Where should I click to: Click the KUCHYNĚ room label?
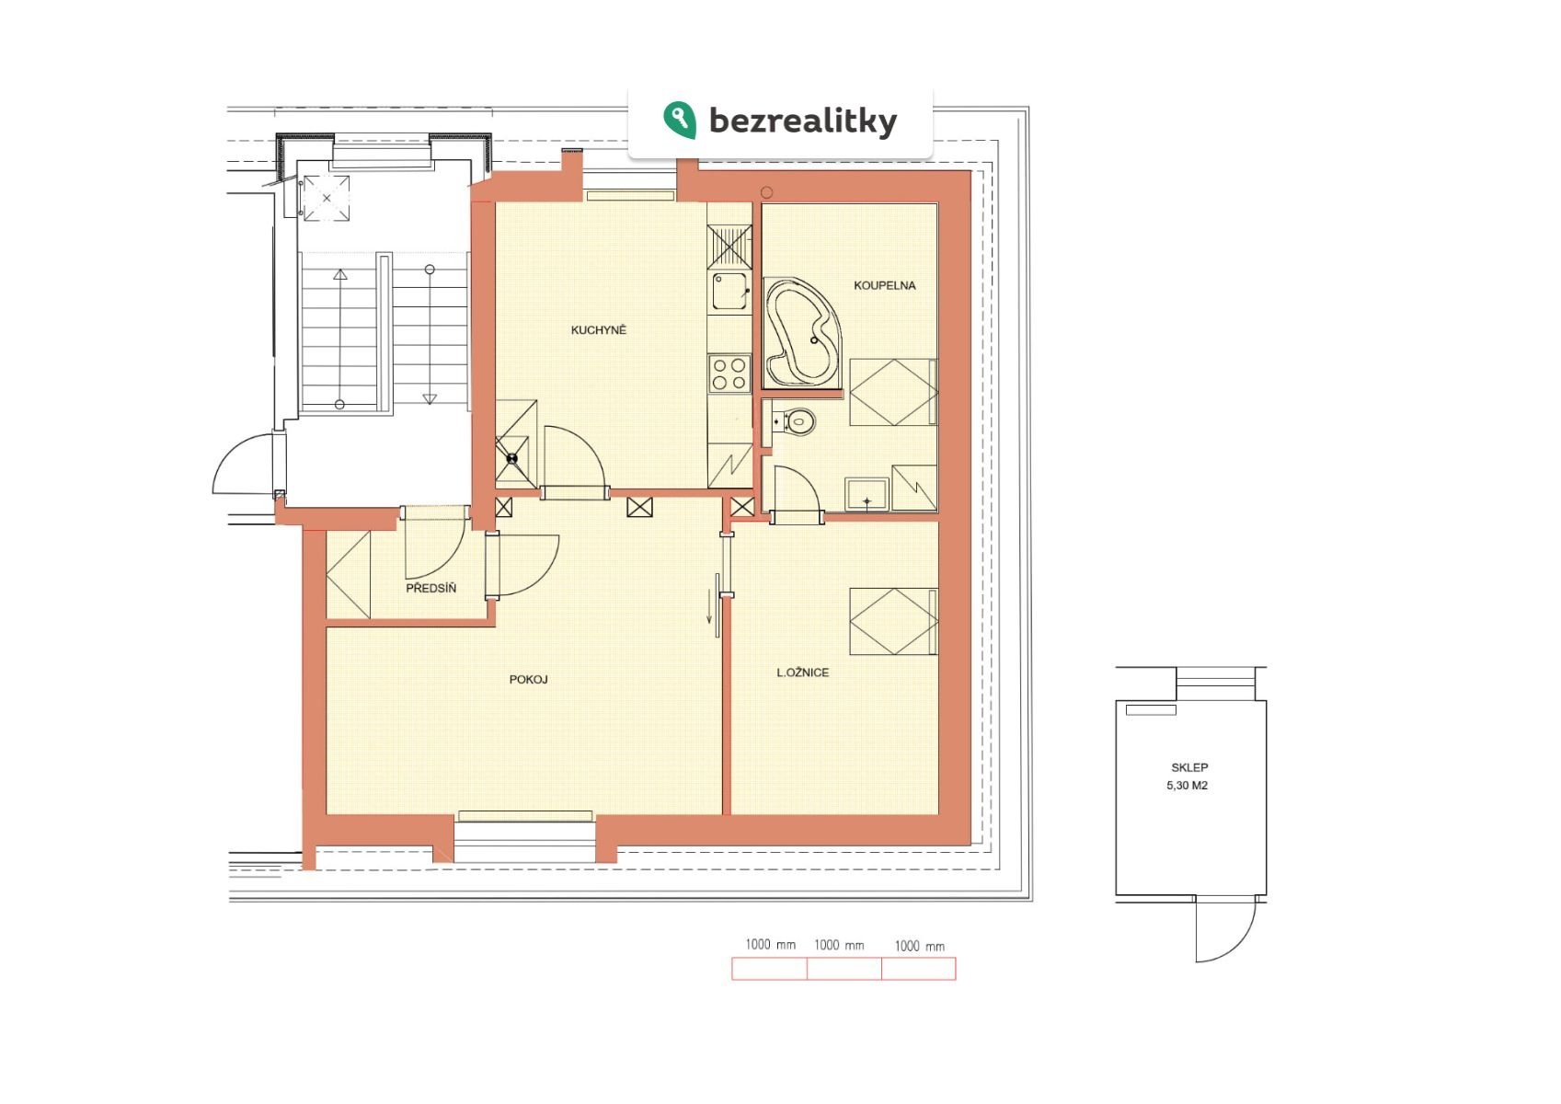(x=599, y=330)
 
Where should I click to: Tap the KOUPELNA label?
(x=885, y=286)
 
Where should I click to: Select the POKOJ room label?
(x=528, y=680)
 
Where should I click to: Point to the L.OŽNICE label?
(x=803, y=673)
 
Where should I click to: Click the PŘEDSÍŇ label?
(x=431, y=588)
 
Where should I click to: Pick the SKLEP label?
(x=1189, y=767)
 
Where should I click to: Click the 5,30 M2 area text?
(x=1188, y=786)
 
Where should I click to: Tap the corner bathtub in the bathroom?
(x=803, y=332)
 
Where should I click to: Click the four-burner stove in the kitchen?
(x=729, y=374)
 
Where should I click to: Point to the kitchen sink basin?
(x=729, y=291)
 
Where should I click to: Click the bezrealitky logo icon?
(x=680, y=120)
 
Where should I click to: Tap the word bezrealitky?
(x=803, y=121)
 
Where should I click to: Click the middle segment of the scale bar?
(x=844, y=969)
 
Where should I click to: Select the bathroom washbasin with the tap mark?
(x=867, y=495)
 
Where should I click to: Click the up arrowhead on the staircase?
(x=340, y=274)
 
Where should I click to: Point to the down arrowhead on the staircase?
(x=430, y=399)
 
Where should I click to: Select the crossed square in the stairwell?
(x=327, y=198)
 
